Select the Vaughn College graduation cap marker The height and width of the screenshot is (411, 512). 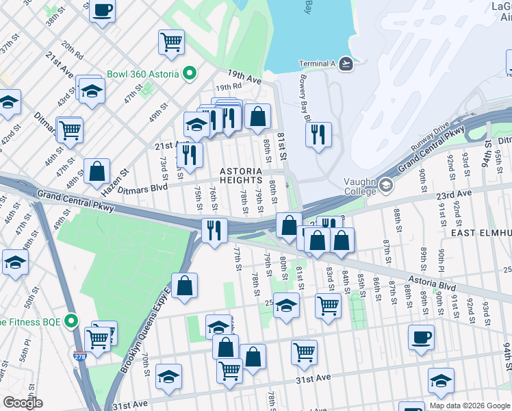pyautogui.click(x=386, y=185)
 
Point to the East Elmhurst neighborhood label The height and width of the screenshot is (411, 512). pyautogui.click(x=481, y=233)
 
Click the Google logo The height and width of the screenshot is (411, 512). pyautogui.click(x=23, y=402)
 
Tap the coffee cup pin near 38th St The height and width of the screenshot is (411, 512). pyautogui.click(x=102, y=11)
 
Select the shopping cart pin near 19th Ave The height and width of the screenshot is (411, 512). pyautogui.click(x=171, y=42)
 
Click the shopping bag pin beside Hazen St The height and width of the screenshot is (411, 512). pyautogui.click(x=97, y=171)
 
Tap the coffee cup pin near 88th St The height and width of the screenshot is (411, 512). pyautogui.click(x=421, y=337)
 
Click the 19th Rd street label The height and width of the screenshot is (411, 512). pyautogui.click(x=229, y=88)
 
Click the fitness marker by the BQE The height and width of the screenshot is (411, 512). pyautogui.click(x=71, y=321)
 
